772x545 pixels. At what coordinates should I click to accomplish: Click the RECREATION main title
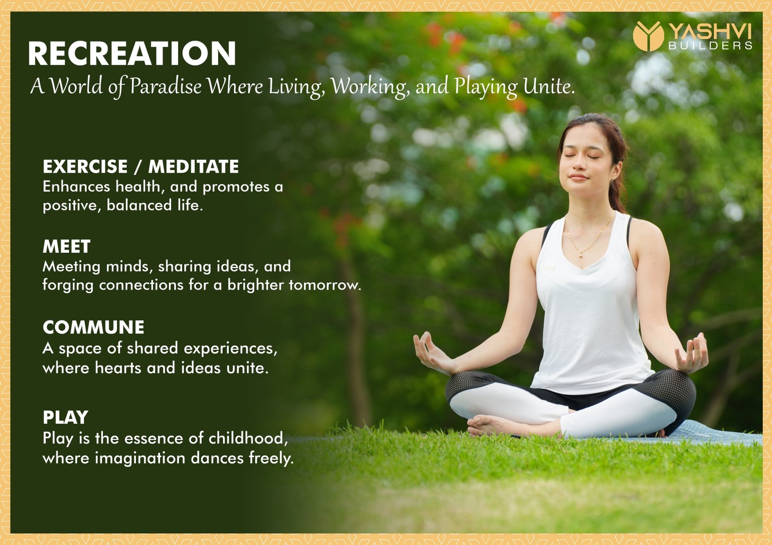[132, 54]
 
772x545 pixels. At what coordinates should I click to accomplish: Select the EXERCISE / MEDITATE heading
[140, 166]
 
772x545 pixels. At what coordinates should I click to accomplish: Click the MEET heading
[67, 246]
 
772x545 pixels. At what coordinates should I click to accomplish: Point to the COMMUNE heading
[94, 327]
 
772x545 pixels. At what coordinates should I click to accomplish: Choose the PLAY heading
[66, 418]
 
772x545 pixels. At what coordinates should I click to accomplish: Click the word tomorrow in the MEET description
[325, 285]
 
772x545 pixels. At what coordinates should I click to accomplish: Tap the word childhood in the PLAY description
[248, 438]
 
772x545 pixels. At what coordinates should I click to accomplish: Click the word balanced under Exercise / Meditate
[139, 205]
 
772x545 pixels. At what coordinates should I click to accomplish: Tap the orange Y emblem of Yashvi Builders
[648, 36]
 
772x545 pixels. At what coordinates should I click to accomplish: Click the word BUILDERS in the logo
[710, 45]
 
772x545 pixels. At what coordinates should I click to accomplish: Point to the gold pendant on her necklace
[581, 255]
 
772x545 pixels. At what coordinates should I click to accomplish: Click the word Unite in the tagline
[549, 86]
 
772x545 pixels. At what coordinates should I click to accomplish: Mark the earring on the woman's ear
[614, 180]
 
